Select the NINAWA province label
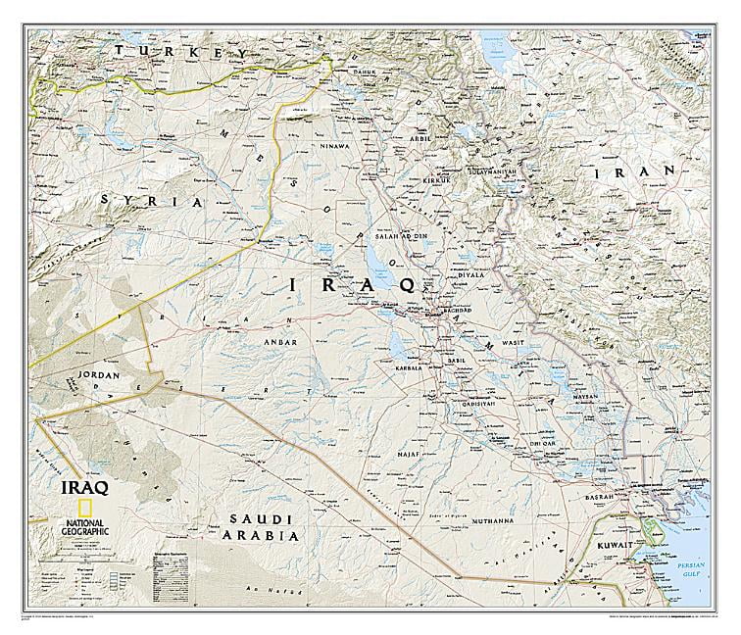coord(330,146)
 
